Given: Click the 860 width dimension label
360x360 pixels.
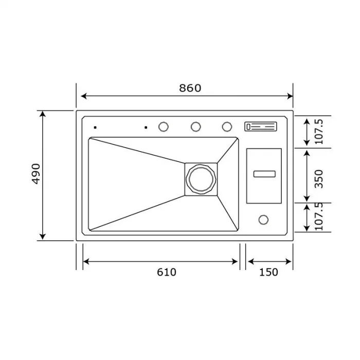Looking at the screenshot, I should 190,88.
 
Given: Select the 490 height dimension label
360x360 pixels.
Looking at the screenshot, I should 35,175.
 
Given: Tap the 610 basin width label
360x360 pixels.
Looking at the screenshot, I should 167,272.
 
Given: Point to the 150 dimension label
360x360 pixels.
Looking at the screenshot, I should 268,272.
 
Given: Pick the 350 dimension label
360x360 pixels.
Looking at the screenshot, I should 319,178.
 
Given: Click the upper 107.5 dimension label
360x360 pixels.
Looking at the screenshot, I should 319,132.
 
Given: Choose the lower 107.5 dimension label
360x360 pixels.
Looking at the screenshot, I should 319,216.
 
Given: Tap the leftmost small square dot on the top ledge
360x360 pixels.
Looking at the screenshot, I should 95,127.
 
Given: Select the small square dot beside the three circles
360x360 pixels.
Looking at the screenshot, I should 146,127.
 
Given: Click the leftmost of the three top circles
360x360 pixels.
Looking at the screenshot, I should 164,127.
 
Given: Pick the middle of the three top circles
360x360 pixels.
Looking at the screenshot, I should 195,127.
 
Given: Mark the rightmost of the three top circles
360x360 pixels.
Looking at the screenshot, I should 227,127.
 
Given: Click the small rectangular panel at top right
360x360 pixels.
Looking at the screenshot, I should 261,127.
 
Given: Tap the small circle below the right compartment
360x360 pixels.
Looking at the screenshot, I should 263,220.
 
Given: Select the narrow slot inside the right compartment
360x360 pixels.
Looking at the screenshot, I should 264,174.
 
